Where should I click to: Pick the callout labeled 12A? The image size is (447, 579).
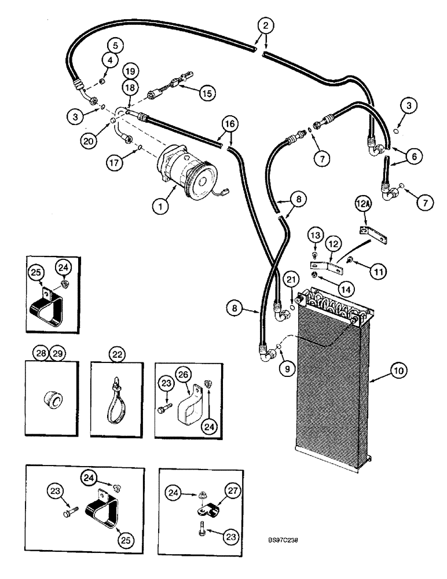pos(362,203)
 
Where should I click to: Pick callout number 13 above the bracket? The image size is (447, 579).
pos(314,235)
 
